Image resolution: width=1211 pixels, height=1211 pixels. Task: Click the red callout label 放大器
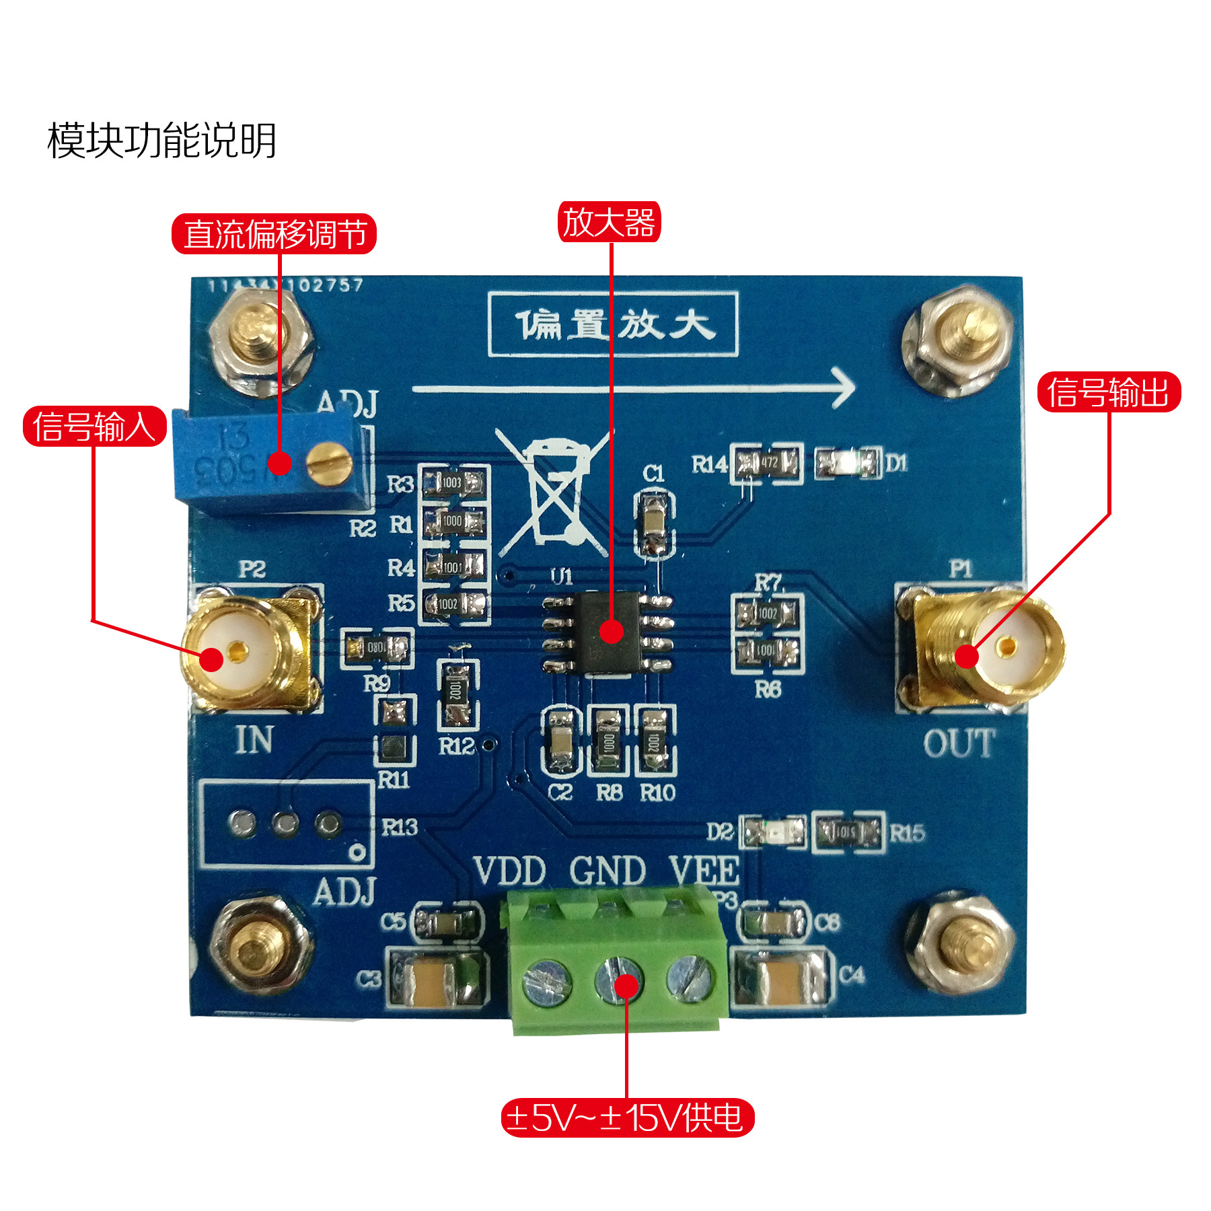[609, 222]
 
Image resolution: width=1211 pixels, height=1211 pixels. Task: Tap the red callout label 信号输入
[94, 427]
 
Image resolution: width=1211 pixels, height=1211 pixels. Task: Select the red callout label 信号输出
[1109, 392]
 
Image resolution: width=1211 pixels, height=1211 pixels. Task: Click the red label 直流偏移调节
[274, 234]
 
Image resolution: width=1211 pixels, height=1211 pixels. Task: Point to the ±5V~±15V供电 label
[627, 1117]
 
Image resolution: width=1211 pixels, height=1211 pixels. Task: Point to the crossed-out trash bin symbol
[554, 491]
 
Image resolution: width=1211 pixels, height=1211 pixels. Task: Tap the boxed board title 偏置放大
[613, 324]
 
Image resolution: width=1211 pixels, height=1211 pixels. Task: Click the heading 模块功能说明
[161, 141]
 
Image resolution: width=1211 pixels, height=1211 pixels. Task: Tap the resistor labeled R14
[767, 463]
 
